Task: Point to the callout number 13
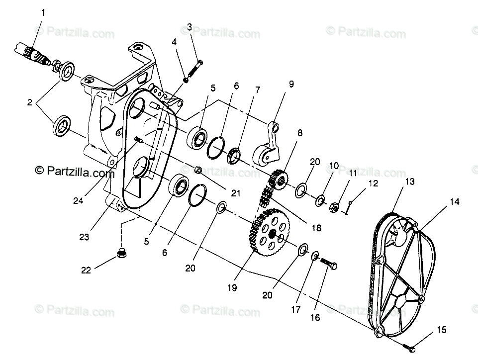409,182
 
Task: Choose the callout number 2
30,103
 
